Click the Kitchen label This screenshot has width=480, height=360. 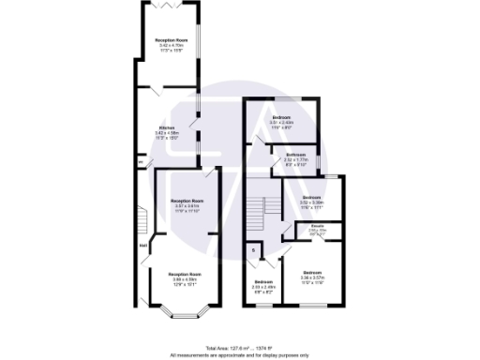pos(167,127)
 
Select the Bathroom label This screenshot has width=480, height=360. pos(297,155)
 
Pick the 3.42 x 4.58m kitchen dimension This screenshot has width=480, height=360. pos(167,133)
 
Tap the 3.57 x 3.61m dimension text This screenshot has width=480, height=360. pos(187,207)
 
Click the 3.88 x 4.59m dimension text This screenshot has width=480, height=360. pos(185,278)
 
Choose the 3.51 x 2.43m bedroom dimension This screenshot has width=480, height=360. pos(282,122)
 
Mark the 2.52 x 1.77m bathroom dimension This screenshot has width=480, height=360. pos(297,160)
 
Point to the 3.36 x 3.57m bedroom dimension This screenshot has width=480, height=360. pos(312,278)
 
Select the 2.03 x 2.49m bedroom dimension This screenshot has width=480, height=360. pos(263,287)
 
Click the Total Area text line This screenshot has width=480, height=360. pos(240,348)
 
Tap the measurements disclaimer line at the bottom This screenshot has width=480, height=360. pos(240,354)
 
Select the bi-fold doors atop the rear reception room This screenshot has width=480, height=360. pos(171,5)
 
